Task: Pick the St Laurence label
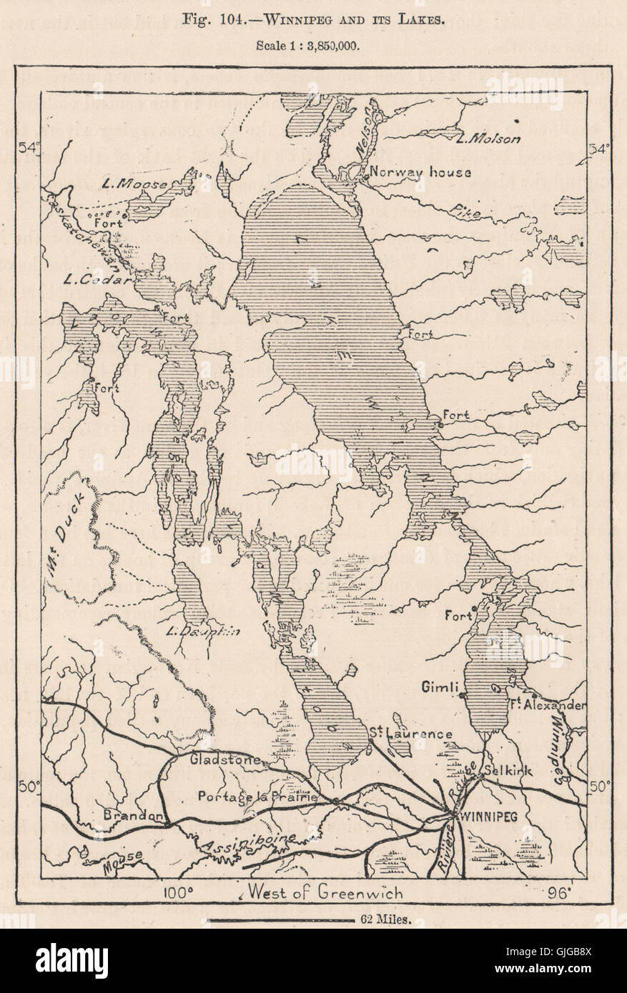(x=410, y=734)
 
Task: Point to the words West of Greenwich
(x=325, y=892)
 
